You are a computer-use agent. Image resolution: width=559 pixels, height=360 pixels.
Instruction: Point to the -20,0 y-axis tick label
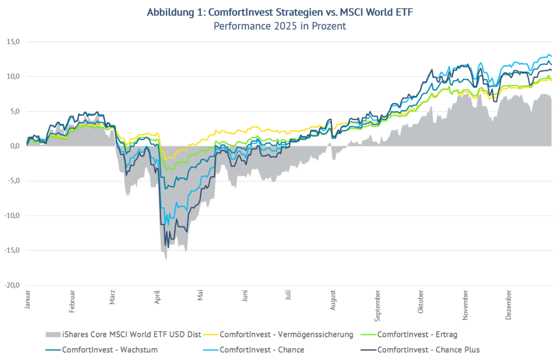pos(12,285)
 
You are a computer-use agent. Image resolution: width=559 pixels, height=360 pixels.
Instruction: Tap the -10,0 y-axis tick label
pos(12,215)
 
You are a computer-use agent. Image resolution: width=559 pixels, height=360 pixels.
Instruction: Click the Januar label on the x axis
pos(27,300)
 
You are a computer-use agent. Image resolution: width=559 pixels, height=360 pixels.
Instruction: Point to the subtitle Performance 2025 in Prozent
pos(279,26)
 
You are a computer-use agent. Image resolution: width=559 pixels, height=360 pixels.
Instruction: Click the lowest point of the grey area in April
pos(165,260)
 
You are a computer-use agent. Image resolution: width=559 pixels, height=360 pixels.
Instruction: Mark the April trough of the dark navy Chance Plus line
pos(168,247)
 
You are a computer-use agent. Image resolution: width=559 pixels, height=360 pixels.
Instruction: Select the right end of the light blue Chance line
pos(551,56)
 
